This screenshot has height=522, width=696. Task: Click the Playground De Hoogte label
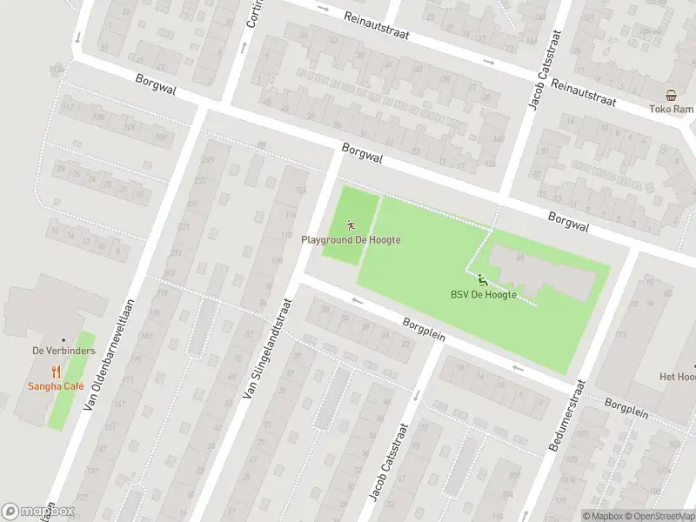(351, 239)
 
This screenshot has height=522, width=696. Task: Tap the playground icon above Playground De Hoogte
(351, 225)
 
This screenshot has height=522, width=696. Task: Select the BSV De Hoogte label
(483, 295)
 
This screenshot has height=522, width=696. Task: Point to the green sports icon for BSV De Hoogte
(482, 279)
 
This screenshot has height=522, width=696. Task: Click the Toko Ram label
(670, 110)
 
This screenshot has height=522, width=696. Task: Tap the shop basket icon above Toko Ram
(671, 96)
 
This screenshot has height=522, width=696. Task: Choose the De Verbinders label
(63, 350)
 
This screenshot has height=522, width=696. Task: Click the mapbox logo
(38, 512)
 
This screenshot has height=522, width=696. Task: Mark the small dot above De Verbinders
(63, 339)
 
